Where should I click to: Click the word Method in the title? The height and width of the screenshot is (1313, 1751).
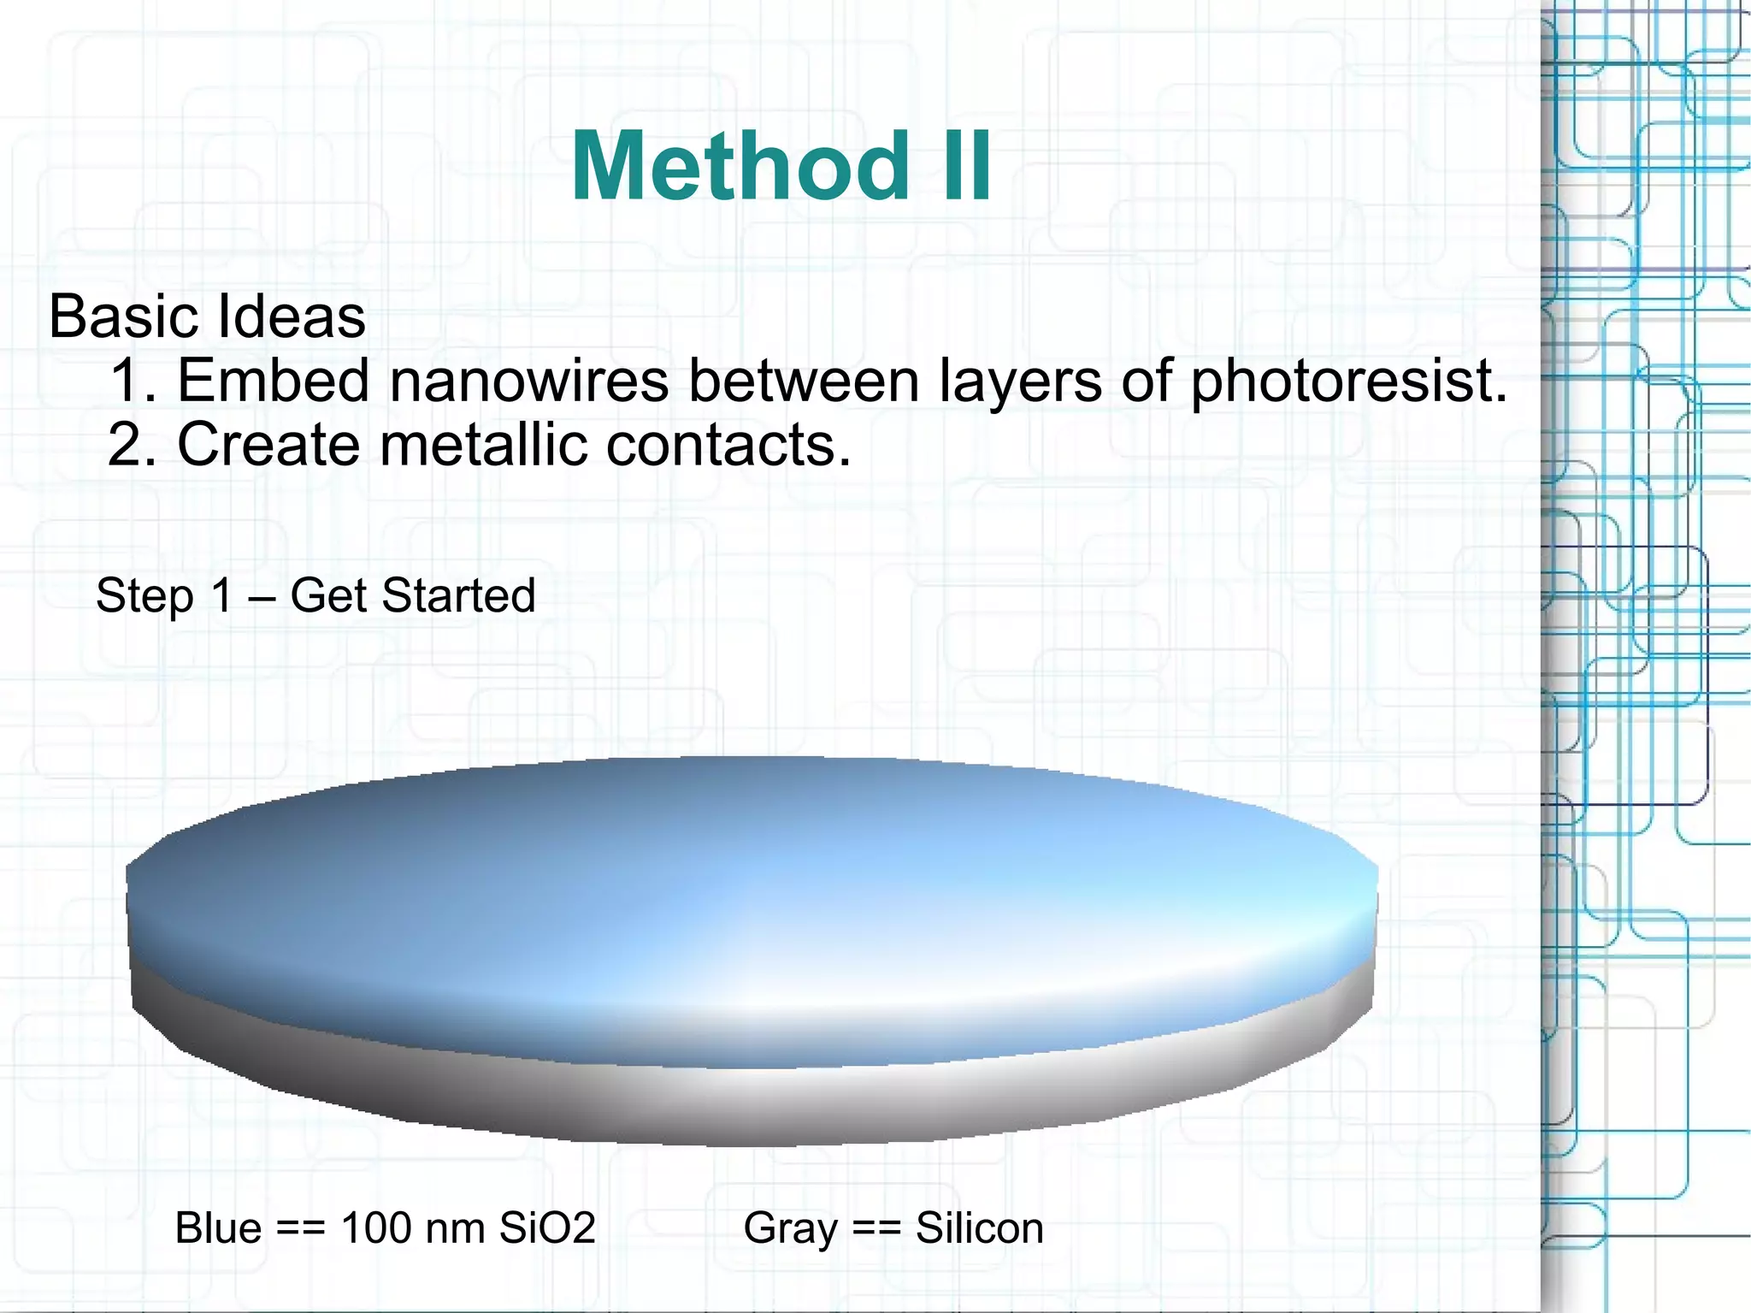[740, 167]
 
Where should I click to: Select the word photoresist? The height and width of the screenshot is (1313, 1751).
[1347, 381]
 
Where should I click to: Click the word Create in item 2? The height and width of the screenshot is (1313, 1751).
[268, 445]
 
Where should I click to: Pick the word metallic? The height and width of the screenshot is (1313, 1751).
[483, 445]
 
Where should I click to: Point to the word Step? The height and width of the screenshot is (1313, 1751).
[144, 596]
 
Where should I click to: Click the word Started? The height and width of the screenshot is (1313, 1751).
[458, 595]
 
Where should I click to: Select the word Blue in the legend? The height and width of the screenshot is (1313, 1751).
[218, 1228]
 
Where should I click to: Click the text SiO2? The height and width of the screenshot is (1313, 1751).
[547, 1228]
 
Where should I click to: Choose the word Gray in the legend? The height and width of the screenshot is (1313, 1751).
[790, 1230]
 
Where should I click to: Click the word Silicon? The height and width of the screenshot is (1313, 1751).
[979, 1228]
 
